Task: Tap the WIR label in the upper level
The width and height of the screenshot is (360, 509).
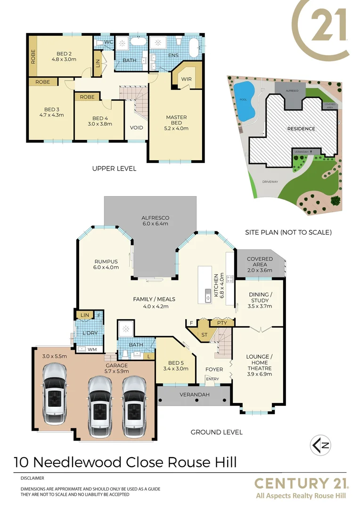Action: coord(186,79)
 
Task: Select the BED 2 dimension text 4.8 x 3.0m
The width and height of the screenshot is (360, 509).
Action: coord(65,60)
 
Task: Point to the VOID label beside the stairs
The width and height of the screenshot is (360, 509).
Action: coord(137,128)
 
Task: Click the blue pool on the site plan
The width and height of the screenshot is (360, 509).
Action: coord(244,100)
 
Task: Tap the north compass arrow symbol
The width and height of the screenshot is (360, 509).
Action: coord(320,444)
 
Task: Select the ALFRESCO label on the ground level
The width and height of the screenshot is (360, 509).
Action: coord(155,218)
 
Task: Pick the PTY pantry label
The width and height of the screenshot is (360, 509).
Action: coord(222,323)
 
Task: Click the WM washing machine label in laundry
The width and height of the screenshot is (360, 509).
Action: coord(92,349)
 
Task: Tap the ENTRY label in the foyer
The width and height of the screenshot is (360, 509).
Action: coord(213,379)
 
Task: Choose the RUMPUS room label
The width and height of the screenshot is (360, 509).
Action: coord(105,262)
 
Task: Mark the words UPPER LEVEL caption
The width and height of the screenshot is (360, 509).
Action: coord(114,168)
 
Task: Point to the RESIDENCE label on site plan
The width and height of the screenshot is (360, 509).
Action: coord(301,128)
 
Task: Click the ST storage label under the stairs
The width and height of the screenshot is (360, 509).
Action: coord(204,335)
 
